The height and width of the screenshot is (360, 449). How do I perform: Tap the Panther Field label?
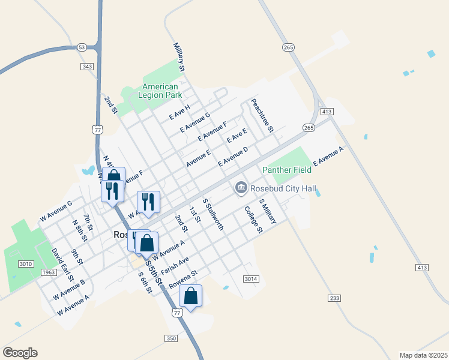(287, 170)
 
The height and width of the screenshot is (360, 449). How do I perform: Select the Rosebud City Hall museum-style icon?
(241, 188)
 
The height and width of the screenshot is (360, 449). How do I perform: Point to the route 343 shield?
(87, 66)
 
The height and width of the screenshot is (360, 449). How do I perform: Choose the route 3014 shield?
(251, 279)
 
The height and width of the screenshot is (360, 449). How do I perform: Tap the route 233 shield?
(335, 298)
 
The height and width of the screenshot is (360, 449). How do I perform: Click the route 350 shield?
(172, 338)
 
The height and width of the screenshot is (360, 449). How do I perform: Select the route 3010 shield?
(26, 264)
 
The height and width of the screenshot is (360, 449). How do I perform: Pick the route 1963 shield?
(49, 272)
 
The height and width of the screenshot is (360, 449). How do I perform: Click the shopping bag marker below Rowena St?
(190, 296)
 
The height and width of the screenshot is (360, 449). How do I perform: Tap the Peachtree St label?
(262, 115)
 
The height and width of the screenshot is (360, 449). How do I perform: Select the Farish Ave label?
(175, 263)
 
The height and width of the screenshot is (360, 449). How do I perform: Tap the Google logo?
(20, 353)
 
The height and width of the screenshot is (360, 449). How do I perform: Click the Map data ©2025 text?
(423, 355)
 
